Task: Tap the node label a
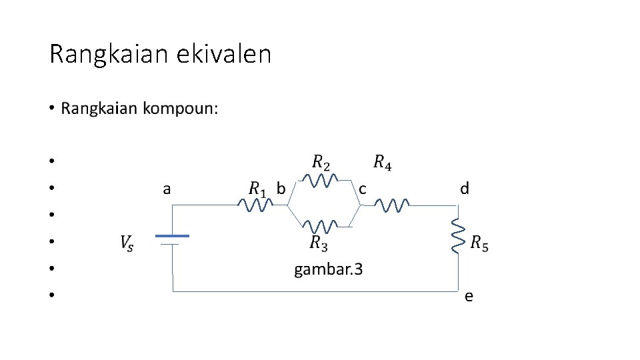point(167,189)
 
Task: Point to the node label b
point(281,189)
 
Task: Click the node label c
point(362,189)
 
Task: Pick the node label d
point(464,189)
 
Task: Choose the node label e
point(469,297)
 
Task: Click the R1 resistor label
point(257,189)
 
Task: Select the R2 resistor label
point(321,162)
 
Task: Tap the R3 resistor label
point(319,244)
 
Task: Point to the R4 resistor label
point(382,162)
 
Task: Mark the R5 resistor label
point(479,244)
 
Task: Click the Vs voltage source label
point(127,244)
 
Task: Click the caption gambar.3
point(329,269)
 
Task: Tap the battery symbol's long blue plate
point(173,235)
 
